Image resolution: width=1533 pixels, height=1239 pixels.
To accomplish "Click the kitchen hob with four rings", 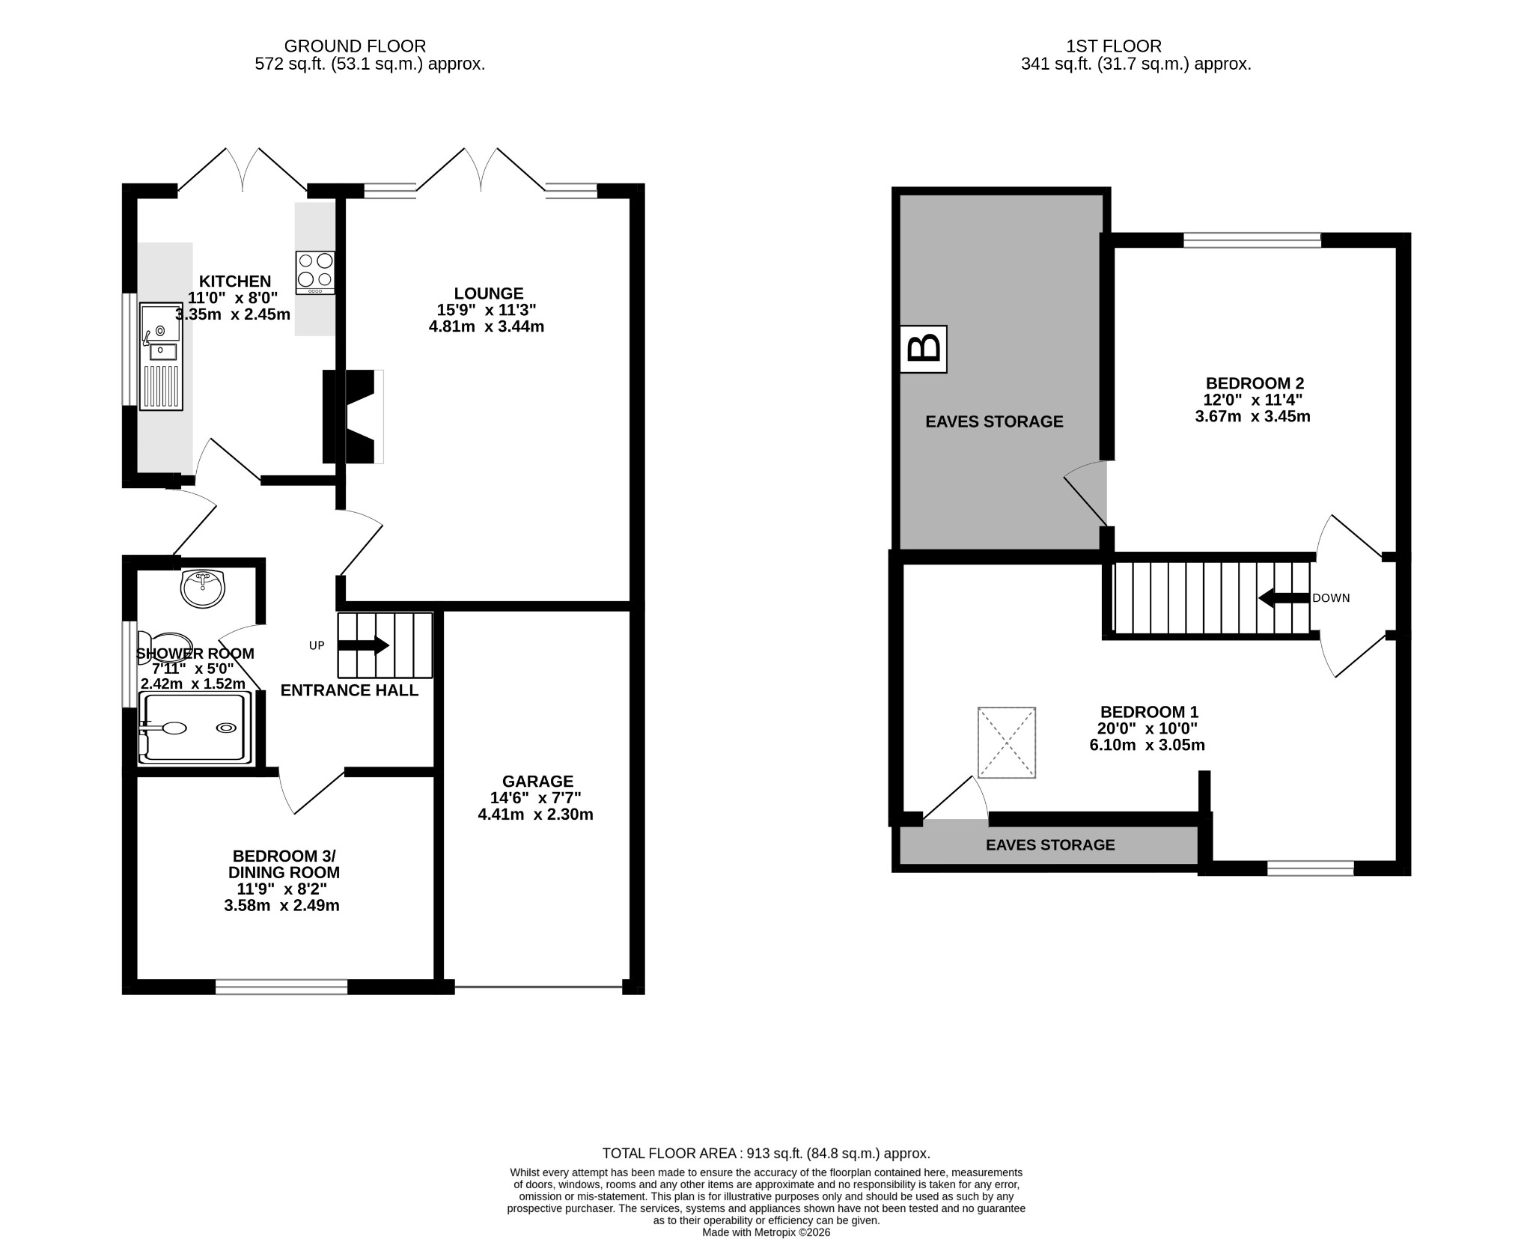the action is point(315,273).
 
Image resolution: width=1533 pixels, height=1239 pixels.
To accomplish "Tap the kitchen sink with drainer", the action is point(161,357).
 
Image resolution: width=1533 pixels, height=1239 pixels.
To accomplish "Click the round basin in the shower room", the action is point(202,588).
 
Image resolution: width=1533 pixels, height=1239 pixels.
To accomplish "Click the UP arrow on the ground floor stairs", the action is point(364,645).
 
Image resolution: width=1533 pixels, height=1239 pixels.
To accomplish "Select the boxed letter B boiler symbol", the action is point(924,349).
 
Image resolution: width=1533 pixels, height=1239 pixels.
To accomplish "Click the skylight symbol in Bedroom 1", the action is point(1007,743).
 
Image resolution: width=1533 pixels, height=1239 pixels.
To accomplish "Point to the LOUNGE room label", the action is point(489,293).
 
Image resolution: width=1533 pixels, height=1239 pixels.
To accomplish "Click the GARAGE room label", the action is point(537,782).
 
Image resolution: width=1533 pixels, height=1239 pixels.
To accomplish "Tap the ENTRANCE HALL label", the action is point(350,690).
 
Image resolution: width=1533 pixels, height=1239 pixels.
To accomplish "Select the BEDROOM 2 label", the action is point(1252,383).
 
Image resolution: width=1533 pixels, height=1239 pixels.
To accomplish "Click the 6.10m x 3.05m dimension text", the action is point(1148,745).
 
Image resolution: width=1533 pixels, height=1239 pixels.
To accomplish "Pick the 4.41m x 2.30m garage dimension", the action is point(536,815).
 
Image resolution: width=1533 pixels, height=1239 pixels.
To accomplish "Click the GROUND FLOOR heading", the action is point(355,46).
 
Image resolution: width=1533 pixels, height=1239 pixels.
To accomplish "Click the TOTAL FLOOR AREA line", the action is point(766,1154).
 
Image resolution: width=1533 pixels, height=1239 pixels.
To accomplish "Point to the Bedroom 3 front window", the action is point(281,987).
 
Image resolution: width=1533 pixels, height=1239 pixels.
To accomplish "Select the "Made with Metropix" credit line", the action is point(766,1232).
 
